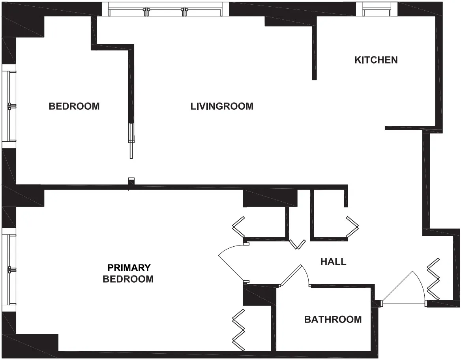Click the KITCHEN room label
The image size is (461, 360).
click(x=376, y=60)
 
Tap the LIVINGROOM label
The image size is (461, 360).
click(x=222, y=106)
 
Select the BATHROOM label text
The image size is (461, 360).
click(x=333, y=319)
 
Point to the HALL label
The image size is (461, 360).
click(x=333, y=261)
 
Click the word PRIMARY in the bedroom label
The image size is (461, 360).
click(x=129, y=268)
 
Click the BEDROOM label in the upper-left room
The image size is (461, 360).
click(x=74, y=106)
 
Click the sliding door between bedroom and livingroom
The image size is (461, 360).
click(x=131, y=140)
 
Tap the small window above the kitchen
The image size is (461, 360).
click(x=376, y=9)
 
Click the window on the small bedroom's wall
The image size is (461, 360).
click(x=9, y=106)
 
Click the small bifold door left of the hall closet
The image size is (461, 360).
click(x=297, y=244)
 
